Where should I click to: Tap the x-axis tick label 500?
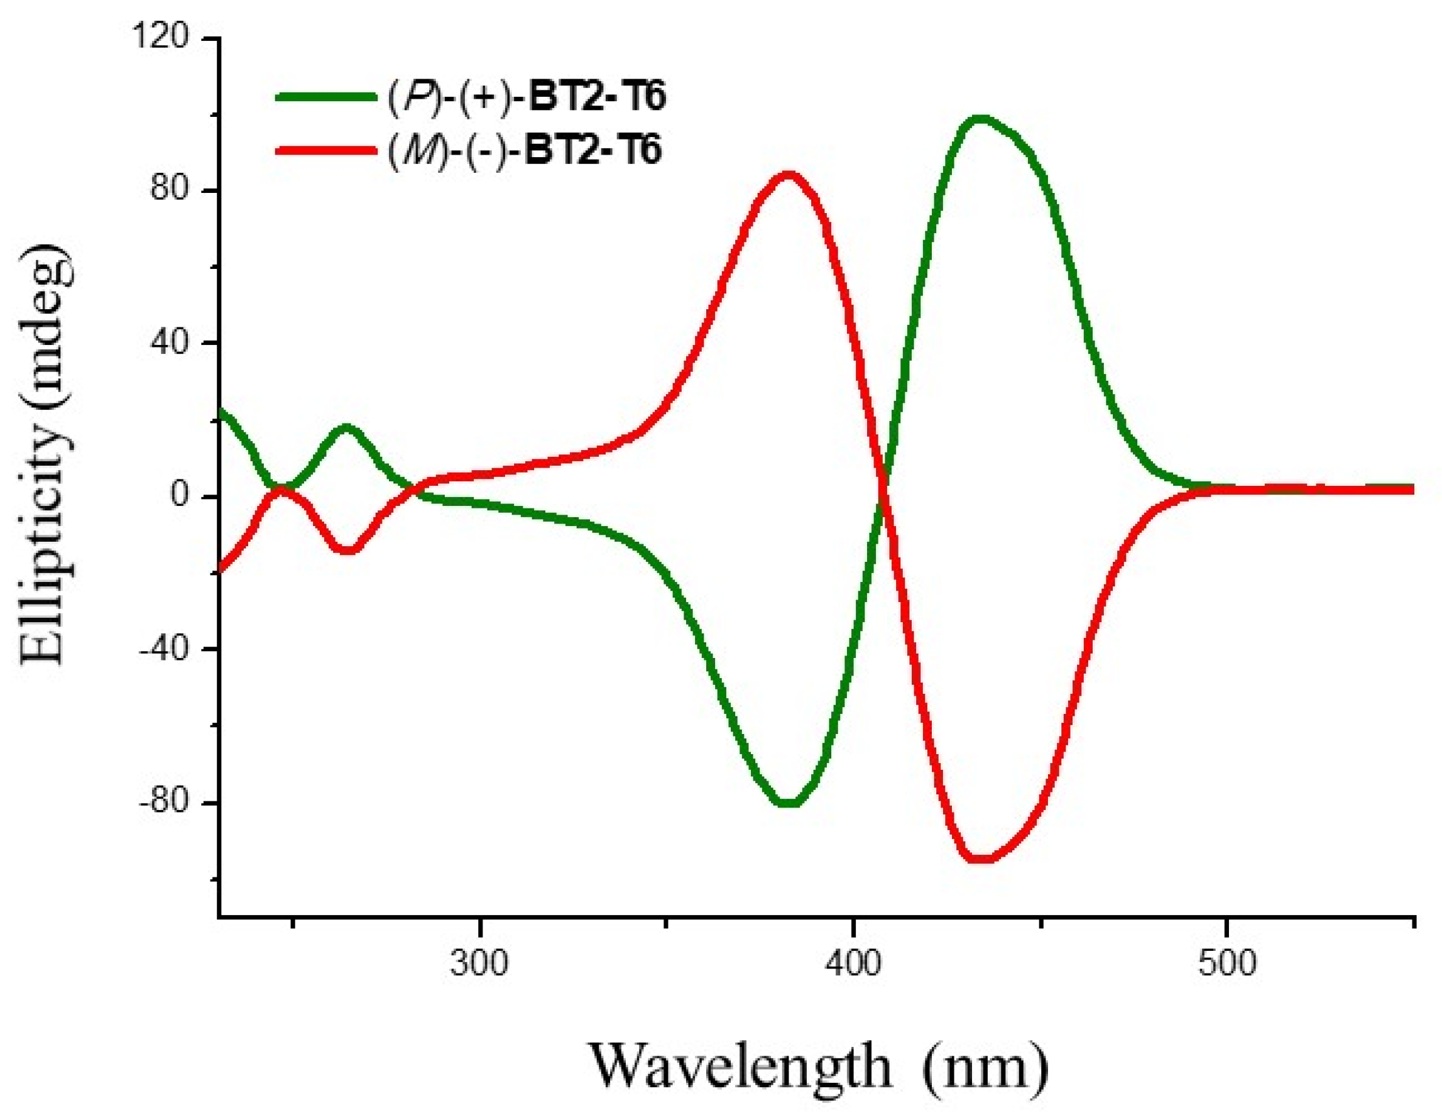click(x=1226, y=964)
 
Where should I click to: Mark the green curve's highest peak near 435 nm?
click(x=981, y=119)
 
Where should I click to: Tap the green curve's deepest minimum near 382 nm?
click(x=790, y=803)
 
